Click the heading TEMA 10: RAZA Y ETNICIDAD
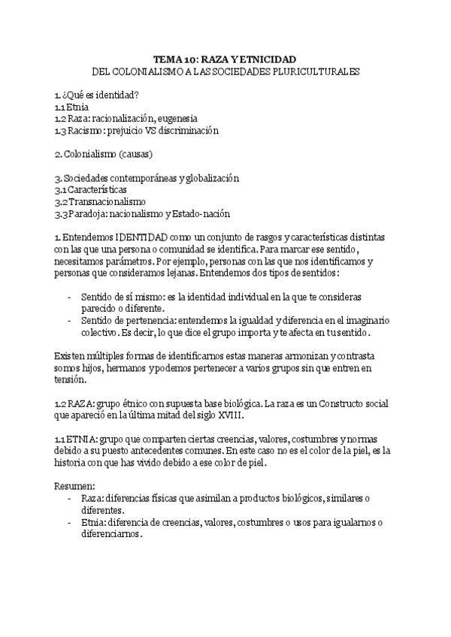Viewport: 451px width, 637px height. click(x=225, y=59)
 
